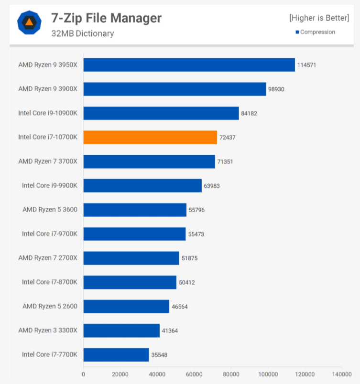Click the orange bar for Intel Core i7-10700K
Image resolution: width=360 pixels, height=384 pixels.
pos(150,138)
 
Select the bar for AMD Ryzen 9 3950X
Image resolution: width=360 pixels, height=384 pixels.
pos(189,65)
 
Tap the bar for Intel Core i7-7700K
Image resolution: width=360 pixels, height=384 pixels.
pos(116,355)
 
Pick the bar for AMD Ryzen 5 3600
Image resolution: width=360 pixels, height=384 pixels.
pos(135,210)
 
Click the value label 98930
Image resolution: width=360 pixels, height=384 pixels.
pos(276,89)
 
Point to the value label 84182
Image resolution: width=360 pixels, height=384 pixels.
pos(249,113)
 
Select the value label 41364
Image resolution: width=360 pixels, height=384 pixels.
pos(170,331)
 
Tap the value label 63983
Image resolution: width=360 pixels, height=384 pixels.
pos(212,186)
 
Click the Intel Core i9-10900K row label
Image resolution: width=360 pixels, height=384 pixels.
pos(48,113)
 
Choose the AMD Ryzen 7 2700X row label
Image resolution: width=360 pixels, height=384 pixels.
pos(48,258)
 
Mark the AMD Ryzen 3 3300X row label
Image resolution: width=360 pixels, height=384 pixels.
pos(48,331)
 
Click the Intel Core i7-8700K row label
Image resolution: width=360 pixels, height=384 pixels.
pos(50,282)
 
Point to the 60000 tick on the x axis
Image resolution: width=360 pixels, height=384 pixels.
pos(194,374)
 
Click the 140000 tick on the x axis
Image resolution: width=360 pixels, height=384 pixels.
pos(342,374)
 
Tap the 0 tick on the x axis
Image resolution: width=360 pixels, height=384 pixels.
pos(83,374)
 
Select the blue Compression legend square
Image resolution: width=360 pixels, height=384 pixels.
pos(297,32)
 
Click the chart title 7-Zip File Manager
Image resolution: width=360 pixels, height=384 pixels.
pos(106,18)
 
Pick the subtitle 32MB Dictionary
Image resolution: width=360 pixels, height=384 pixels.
pos(83,33)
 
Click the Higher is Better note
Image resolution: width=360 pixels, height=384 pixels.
pos(319,18)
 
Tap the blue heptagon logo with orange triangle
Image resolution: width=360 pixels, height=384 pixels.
pos(29,22)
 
